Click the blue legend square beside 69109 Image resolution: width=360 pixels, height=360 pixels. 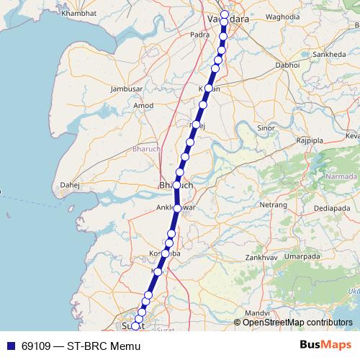(10, 346)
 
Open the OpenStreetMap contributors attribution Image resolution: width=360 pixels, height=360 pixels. (293, 323)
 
